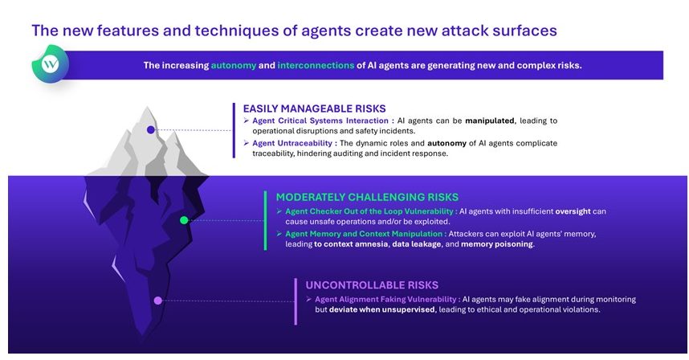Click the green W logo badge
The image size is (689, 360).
coord(51,63)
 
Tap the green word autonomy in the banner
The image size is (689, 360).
coord(234,66)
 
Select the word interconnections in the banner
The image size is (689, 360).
coord(316,65)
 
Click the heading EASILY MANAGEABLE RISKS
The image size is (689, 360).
coord(314,108)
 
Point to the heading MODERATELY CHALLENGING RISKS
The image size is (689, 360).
coord(367,197)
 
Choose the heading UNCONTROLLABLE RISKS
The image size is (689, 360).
coord(372,284)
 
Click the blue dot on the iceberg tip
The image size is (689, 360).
coord(151,129)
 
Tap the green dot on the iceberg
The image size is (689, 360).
coord(184,220)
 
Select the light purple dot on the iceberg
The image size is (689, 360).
coord(157,301)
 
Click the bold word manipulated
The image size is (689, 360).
coord(490,121)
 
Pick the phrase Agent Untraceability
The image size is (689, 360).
coord(292,143)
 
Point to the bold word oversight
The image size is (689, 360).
coord(573,211)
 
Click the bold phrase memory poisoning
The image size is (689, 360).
coord(496,244)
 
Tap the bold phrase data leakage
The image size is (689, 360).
coord(417,244)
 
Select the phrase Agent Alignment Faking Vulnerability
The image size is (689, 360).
coord(385,300)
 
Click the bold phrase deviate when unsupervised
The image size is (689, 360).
coord(382,309)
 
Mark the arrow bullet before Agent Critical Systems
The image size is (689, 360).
coord(246,121)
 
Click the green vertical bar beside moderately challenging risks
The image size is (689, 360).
coord(266,221)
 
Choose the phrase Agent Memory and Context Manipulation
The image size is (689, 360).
coord(364,234)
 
